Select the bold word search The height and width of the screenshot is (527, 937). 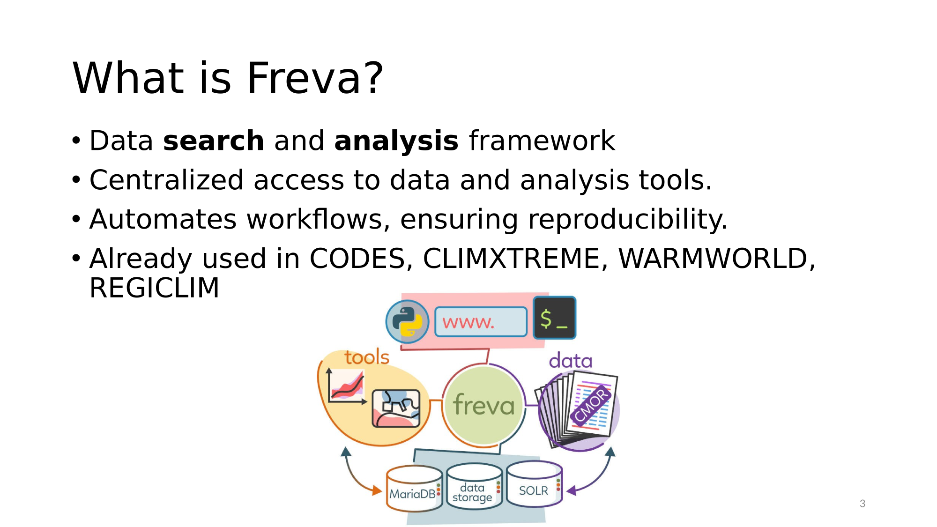[214, 141]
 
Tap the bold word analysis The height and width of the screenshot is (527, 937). [396, 141]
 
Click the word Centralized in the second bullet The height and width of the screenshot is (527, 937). [167, 180]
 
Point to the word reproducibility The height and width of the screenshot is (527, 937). [627, 220]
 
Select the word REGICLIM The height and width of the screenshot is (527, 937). [154, 288]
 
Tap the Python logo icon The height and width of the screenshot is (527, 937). [407, 322]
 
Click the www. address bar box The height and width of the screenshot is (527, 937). [481, 322]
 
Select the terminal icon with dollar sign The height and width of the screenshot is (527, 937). [555, 318]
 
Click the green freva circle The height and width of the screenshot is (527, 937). [483, 405]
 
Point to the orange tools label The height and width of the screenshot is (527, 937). [367, 357]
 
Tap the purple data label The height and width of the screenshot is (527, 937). [571, 361]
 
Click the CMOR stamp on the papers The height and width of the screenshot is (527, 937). [591, 405]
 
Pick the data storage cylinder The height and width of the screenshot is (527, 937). [474, 486]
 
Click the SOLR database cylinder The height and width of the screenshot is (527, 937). [534, 484]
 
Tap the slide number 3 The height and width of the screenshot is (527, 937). [863, 504]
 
